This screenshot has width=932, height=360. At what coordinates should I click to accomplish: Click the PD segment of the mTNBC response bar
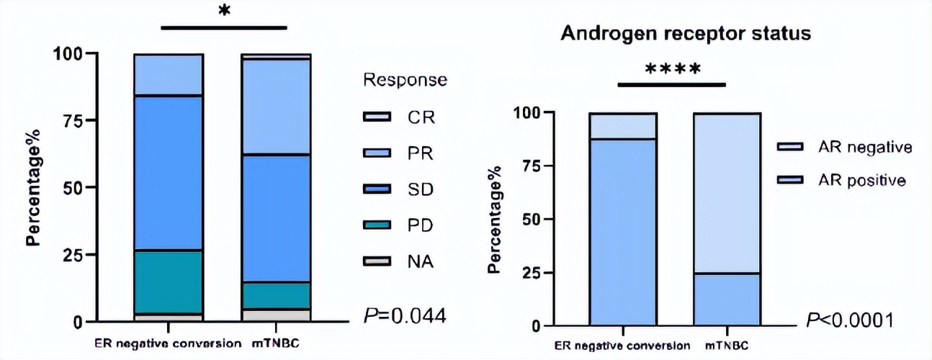pyautogui.click(x=276, y=295)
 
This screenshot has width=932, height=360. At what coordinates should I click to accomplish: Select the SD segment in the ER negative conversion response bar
pyautogui.click(x=168, y=173)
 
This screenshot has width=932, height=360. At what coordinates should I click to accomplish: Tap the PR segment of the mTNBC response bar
pyautogui.click(x=276, y=107)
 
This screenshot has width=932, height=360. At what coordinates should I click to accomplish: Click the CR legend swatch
pyautogui.click(x=379, y=116)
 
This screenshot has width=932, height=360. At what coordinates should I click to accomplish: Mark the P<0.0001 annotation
pyautogui.click(x=850, y=320)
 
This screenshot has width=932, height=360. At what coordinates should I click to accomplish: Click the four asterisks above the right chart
pyautogui.click(x=671, y=71)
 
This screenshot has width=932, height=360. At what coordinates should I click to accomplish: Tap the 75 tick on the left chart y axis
pyautogui.click(x=70, y=121)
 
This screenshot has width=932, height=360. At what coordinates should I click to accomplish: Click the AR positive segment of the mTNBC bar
pyautogui.click(x=727, y=299)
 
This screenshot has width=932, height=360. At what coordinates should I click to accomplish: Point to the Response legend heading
pyautogui.click(x=405, y=79)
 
